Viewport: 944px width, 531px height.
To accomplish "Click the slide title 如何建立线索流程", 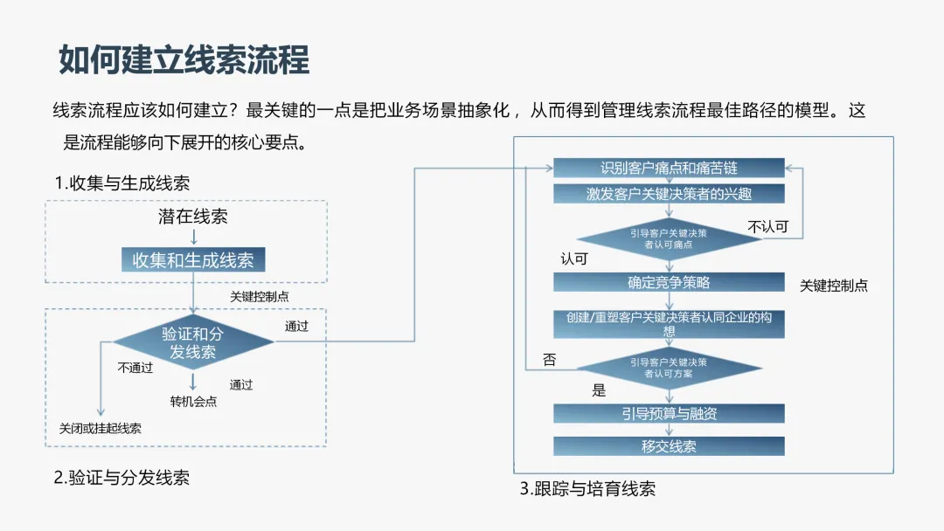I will [184, 61].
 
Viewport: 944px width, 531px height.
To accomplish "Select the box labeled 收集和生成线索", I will [192, 260].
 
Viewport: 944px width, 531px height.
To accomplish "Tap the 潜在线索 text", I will [192, 217].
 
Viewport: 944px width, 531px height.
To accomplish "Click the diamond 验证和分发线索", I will [192, 343].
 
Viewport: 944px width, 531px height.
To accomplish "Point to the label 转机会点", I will [193, 402].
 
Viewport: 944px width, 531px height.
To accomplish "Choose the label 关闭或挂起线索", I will [100, 428].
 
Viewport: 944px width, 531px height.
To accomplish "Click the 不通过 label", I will [135, 368].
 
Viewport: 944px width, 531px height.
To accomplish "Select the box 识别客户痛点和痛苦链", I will [669, 168].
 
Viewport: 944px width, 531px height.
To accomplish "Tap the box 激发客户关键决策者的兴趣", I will [669, 194].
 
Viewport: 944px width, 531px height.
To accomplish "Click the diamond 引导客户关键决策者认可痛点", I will [669, 238].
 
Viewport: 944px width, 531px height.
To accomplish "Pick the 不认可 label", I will [767, 227].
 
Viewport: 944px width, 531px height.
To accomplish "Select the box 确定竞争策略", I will [669, 282].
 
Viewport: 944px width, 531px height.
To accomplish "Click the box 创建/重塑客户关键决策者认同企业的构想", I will [669, 324].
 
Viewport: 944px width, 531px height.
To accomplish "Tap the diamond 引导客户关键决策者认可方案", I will [669, 368].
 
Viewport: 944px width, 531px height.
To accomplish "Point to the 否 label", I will [549, 359].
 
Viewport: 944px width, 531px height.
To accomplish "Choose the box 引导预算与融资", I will [669, 413].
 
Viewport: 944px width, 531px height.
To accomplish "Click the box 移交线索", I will [669, 446].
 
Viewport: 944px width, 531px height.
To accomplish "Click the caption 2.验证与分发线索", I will [121, 477].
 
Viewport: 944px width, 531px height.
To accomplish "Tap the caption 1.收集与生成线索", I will [121, 183].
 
